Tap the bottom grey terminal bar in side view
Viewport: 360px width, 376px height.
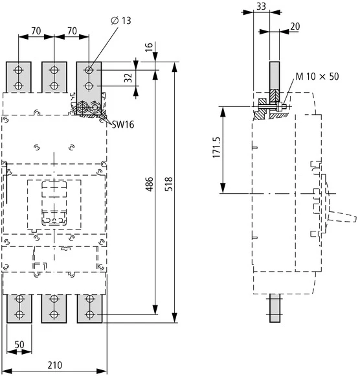[275, 307]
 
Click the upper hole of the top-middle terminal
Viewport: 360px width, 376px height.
[54, 70]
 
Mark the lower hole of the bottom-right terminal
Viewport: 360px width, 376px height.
[89, 314]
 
